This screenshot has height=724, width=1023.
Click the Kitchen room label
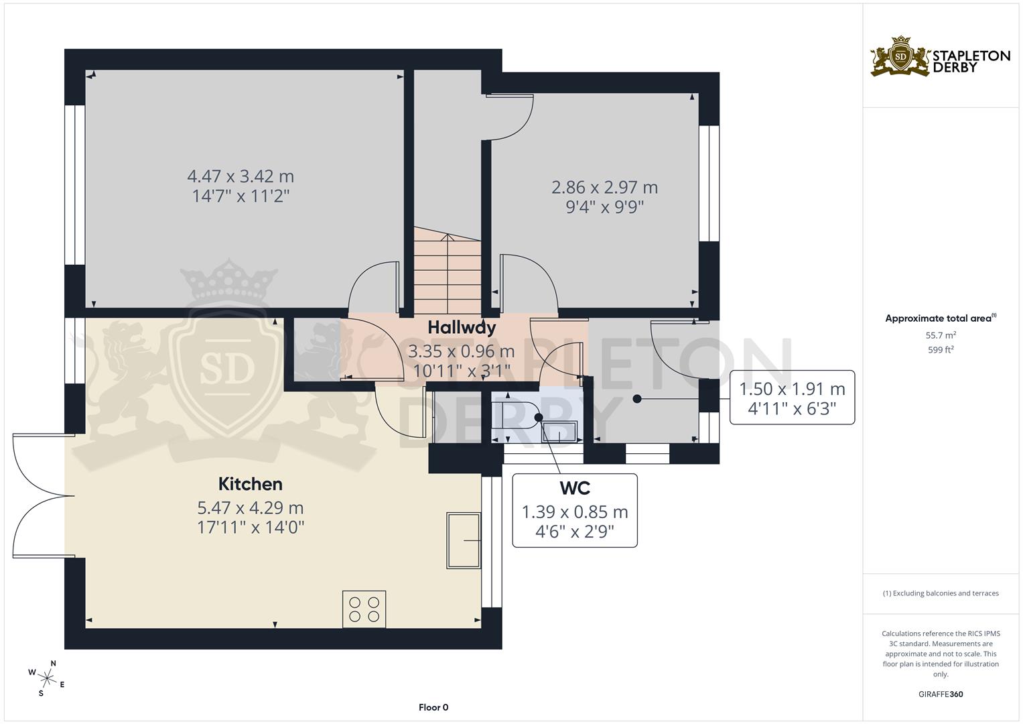click(250, 484)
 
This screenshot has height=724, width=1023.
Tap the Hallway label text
click(462, 328)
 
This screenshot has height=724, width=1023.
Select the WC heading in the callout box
click(575, 487)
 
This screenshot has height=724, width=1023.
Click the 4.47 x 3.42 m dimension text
click(241, 177)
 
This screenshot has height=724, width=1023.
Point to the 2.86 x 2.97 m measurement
click(604, 188)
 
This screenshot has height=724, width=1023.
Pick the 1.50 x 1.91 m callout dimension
click(792, 389)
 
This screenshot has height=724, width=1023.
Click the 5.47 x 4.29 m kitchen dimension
click(250, 509)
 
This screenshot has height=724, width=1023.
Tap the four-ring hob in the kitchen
click(364, 609)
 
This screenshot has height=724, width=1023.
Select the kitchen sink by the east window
click(464, 540)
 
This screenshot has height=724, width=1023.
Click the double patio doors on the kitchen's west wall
click(40, 495)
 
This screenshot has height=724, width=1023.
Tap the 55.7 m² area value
click(941, 335)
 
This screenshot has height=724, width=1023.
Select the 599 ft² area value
click(941, 350)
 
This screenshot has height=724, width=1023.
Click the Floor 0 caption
click(433, 707)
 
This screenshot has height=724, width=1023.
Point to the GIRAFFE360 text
click(941, 695)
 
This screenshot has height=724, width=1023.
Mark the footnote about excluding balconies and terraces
click(941, 593)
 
